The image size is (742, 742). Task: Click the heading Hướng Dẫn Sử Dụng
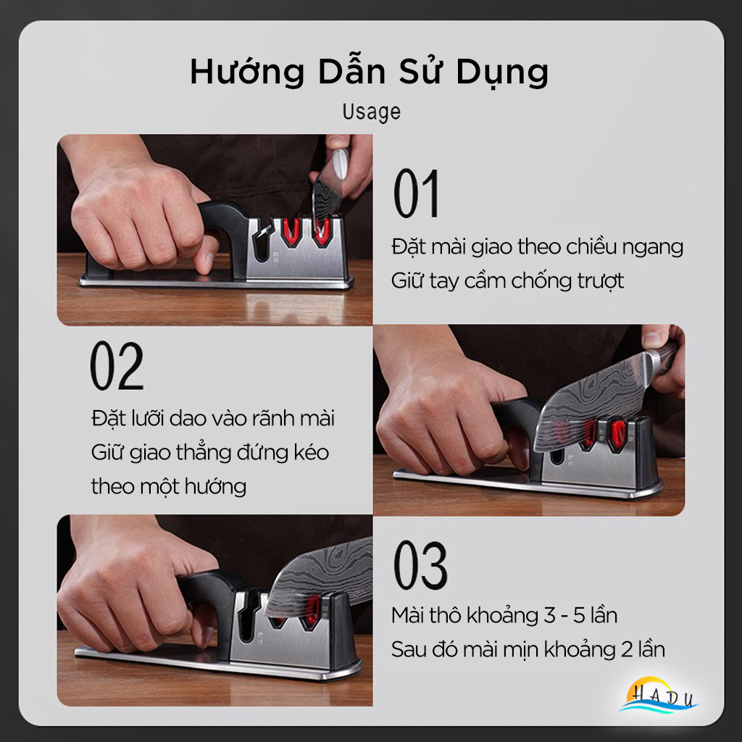pos(370,72)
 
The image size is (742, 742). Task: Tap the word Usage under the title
pos(371,112)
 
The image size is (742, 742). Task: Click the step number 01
pos(416,193)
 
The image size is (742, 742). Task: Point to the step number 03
pos(420,562)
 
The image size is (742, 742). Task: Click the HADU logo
pos(659,696)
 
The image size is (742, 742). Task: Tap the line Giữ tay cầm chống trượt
pos(508,280)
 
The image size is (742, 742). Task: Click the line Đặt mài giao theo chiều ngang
pos(537,246)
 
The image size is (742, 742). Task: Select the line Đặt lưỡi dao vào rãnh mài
pos(213,418)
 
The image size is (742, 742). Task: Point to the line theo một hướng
pos(168,485)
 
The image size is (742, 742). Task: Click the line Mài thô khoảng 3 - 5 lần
pos(504,615)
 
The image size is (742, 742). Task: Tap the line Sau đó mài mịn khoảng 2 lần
pos(528,649)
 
